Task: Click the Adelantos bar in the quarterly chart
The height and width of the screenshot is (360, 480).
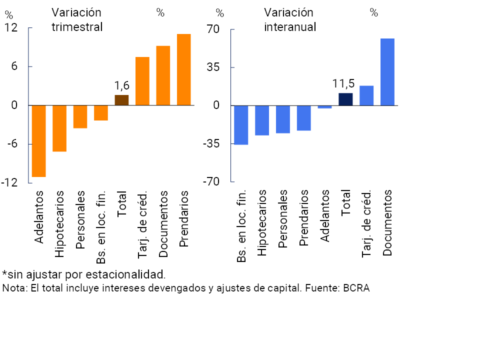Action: click(39, 141)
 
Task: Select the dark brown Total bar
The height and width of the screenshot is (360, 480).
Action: click(121, 100)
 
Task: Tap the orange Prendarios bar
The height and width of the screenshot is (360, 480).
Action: click(184, 69)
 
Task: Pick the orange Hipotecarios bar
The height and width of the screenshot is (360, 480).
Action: click(59, 128)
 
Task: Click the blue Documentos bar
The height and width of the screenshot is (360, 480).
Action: click(387, 72)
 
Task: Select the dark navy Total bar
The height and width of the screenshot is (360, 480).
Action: click(345, 99)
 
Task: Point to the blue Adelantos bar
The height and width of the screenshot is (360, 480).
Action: click(324, 107)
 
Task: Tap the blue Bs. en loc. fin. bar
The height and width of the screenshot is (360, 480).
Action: click(241, 125)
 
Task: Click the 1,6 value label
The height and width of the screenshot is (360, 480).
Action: click(122, 86)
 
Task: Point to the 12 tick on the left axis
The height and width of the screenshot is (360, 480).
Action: click(11, 28)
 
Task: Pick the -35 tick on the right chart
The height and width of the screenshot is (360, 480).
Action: click(210, 144)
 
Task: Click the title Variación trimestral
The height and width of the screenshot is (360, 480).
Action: click(77, 19)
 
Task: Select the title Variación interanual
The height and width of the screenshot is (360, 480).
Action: click(290, 19)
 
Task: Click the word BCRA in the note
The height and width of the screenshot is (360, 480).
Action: click(356, 288)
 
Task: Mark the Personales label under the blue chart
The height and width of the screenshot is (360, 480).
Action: click(282, 219)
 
